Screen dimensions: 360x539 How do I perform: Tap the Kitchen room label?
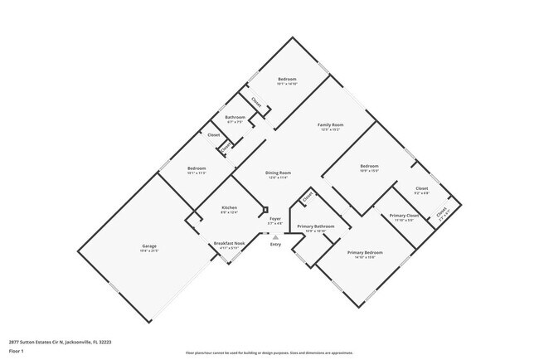click(230, 207)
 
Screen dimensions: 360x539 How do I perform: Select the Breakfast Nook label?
click(228, 243)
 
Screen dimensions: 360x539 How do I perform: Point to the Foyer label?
click(275, 218)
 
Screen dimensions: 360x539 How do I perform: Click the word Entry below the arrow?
click(275, 244)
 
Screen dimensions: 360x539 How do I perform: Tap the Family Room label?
click(331, 125)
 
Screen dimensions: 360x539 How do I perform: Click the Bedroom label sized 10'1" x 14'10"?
click(286, 79)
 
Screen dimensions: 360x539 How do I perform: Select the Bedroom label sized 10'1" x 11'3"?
click(197, 168)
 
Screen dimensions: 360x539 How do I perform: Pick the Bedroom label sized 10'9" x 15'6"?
click(369, 166)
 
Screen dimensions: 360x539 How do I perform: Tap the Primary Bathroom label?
click(315, 226)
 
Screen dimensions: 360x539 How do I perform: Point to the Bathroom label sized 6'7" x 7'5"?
click(235, 117)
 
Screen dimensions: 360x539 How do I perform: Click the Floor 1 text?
click(17, 351)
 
